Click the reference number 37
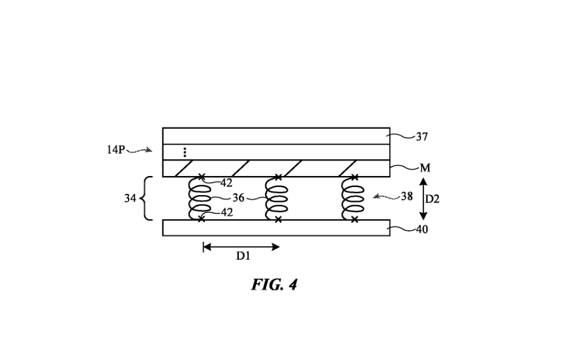pos(422,137)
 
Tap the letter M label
pos(425,168)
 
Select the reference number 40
pos(422,230)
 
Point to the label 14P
pos(116,150)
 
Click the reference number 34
pos(130,199)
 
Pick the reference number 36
pos(239,198)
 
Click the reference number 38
pos(407,197)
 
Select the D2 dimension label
pos(432,199)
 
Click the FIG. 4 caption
pos(274,285)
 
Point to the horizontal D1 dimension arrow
pos(241,247)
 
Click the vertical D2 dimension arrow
pos(422,199)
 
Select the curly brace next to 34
pos(147,199)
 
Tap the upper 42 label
pos(226,182)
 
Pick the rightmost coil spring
pos(353,198)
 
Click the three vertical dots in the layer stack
pos(185,152)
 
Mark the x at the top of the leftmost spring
pos(201,177)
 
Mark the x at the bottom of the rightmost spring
pos(355,220)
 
